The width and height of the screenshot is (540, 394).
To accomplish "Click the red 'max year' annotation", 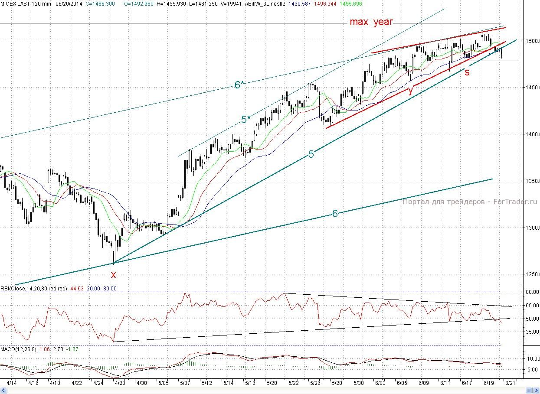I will [x=371, y=22].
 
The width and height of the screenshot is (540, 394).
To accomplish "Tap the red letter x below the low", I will [x=114, y=274].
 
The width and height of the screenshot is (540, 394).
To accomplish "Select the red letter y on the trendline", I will [x=410, y=90].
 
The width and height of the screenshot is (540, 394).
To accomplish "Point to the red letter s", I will [x=467, y=72].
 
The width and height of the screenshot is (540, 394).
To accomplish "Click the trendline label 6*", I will [x=239, y=85].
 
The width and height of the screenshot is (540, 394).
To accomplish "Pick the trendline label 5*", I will [x=245, y=120].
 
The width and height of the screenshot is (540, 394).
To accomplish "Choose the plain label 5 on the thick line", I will [x=311, y=154].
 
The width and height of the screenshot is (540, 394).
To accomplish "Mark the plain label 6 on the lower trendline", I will [x=335, y=214].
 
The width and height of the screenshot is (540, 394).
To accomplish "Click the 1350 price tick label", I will [x=532, y=181].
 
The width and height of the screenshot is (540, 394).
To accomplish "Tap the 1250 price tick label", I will [x=532, y=274].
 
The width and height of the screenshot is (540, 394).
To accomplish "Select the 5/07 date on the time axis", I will [x=185, y=383].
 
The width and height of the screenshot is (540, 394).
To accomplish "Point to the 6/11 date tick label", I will [x=445, y=383].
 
